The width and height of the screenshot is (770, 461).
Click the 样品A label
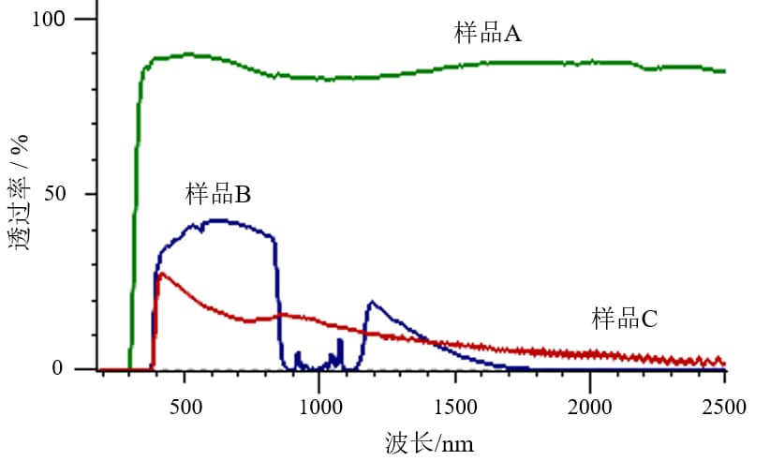pos(487,35)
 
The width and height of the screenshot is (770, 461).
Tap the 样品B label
pos(218,195)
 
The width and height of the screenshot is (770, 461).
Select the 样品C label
pos(624,319)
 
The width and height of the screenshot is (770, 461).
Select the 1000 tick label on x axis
pos(319,408)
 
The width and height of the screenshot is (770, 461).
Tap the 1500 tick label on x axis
pos(454,408)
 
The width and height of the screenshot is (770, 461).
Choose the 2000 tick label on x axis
pos(590,408)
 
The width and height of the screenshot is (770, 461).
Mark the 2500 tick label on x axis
pos(725,408)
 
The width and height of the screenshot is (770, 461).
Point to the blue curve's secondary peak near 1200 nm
pos(372,302)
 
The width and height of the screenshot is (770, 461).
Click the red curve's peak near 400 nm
pos(161,274)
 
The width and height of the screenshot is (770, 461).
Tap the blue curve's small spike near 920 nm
pos(297,353)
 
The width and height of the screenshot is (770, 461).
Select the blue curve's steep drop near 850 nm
pos(278,300)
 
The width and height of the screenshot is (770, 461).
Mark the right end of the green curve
pos(724,71)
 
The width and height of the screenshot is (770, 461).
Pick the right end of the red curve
pos(724,364)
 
